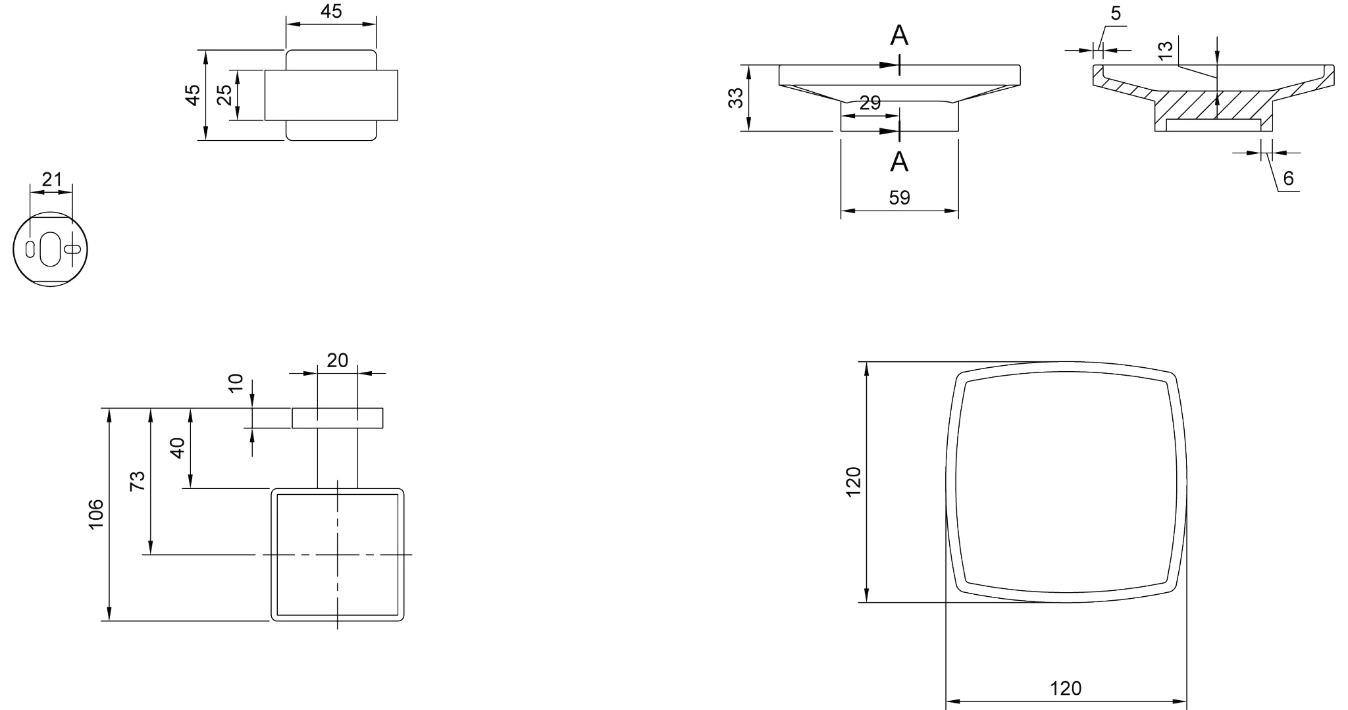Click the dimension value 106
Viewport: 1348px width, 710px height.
pyautogui.click(x=96, y=514)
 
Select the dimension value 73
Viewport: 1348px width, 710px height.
pyautogui.click(x=137, y=481)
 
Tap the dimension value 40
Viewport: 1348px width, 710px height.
pyautogui.click(x=177, y=448)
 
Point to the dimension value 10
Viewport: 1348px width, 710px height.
pyautogui.click(x=236, y=382)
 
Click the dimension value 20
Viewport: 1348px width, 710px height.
pyautogui.click(x=337, y=361)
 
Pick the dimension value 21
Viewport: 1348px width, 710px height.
pyautogui.click(x=51, y=179)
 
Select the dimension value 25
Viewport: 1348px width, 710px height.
pyautogui.click(x=224, y=95)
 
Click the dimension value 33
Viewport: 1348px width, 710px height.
pyautogui.click(x=736, y=98)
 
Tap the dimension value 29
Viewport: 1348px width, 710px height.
pyautogui.click(x=869, y=103)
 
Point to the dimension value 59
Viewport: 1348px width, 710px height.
pyautogui.click(x=899, y=198)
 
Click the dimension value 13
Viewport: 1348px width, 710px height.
pyautogui.click(x=1164, y=50)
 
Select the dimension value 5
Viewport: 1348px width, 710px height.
pyautogui.click(x=1116, y=14)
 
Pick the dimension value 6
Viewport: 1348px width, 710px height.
pyautogui.click(x=1288, y=178)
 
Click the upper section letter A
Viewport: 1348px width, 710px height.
pyautogui.click(x=899, y=36)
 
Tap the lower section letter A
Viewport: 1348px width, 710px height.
pyautogui.click(x=899, y=161)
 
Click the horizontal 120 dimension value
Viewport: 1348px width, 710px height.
pyautogui.click(x=1066, y=688)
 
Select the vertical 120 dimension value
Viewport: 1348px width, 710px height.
pyautogui.click(x=853, y=482)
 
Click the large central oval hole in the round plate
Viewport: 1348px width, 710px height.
pyautogui.click(x=50, y=249)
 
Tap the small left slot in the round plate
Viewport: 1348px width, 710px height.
pyautogui.click(x=30, y=249)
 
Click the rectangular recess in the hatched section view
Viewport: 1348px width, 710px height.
pyautogui.click(x=1213, y=125)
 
